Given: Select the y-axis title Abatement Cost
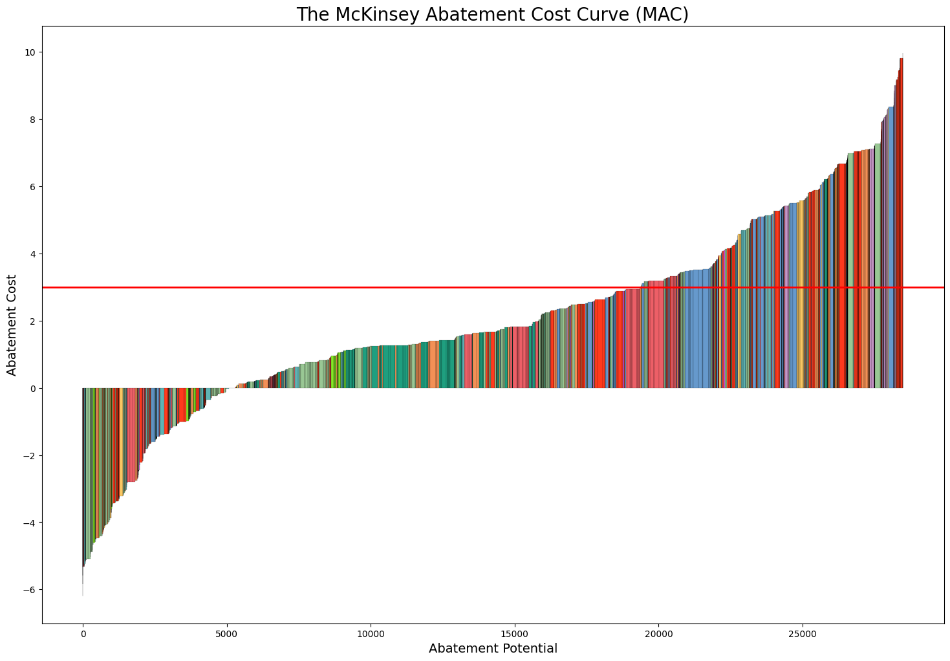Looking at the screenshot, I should [x=12, y=325].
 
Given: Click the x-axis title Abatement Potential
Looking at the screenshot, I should [x=493, y=648].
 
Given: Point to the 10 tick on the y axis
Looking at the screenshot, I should [x=30, y=52].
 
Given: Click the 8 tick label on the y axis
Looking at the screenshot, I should [x=32, y=120].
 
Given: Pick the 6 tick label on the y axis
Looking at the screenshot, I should [x=32, y=187].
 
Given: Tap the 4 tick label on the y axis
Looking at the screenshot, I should [x=32, y=254].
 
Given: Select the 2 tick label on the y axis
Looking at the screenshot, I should [x=32, y=321].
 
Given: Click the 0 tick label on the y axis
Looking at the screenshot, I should [x=32, y=389].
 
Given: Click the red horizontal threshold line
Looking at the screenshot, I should [x=453, y=287].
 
